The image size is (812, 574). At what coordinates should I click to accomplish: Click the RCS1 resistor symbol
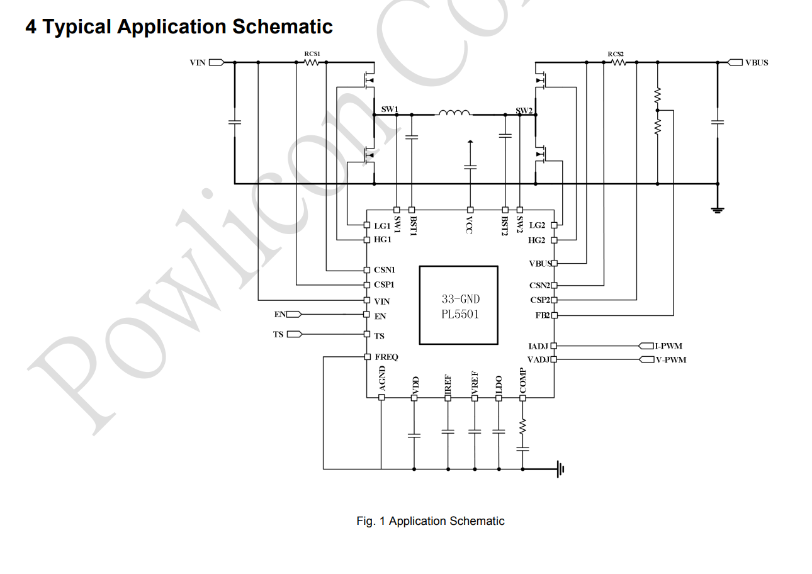(x=312, y=62)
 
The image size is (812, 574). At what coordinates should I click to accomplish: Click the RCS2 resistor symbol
(x=618, y=62)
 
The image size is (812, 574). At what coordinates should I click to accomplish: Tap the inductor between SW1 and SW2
(x=454, y=113)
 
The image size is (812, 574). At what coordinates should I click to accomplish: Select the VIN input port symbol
(x=216, y=62)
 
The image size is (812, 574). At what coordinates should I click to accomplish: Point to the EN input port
(x=294, y=314)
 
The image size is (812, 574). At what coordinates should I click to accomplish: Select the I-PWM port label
(x=668, y=346)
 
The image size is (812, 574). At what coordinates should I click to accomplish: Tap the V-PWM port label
(x=670, y=359)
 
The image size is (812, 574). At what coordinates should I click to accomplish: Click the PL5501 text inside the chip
(x=460, y=314)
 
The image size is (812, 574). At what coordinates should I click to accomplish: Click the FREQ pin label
(x=386, y=357)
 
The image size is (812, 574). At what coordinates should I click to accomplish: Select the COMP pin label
(x=522, y=381)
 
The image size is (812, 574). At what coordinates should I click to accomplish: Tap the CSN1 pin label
(x=384, y=270)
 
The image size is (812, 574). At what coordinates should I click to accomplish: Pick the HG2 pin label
(x=537, y=240)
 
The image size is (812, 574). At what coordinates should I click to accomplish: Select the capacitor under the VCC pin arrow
(x=470, y=167)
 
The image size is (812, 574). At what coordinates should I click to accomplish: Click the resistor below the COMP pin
(x=522, y=427)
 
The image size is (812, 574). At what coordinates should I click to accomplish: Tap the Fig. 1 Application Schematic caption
(x=430, y=521)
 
